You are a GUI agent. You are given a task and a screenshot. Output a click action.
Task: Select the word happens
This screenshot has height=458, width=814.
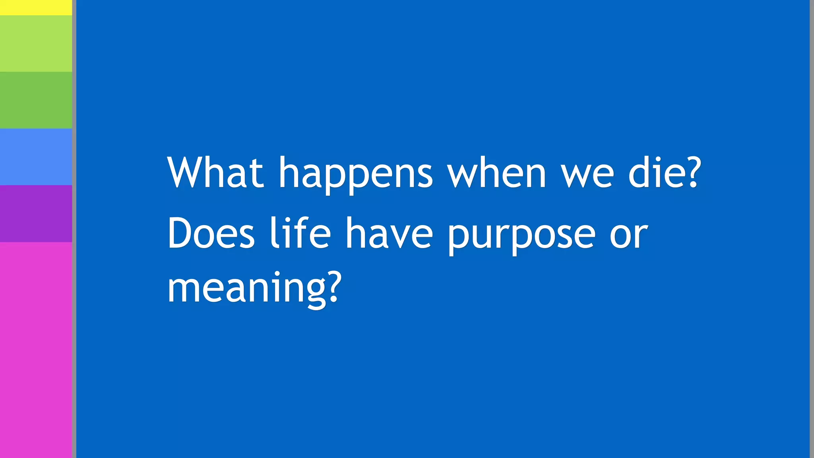point(355,175)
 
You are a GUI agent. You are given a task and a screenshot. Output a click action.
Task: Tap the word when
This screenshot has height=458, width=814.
point(496,173)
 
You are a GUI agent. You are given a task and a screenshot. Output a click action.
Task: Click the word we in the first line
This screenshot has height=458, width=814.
point(587,175)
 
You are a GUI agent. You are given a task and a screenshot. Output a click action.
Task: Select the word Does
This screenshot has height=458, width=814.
point(211,233)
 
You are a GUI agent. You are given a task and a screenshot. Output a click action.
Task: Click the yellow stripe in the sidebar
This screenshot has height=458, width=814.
point(36,7)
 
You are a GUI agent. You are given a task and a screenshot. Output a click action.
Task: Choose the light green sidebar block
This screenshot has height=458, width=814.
point(36,44)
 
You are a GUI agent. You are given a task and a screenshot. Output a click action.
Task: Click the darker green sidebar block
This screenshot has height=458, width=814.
point(36,100)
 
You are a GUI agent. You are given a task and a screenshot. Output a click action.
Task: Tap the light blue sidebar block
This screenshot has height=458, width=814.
point(36,157)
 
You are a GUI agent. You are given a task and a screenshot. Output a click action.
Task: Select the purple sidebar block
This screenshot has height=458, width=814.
point(36,213)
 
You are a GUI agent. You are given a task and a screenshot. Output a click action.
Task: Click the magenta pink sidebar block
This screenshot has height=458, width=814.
point(36,350)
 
